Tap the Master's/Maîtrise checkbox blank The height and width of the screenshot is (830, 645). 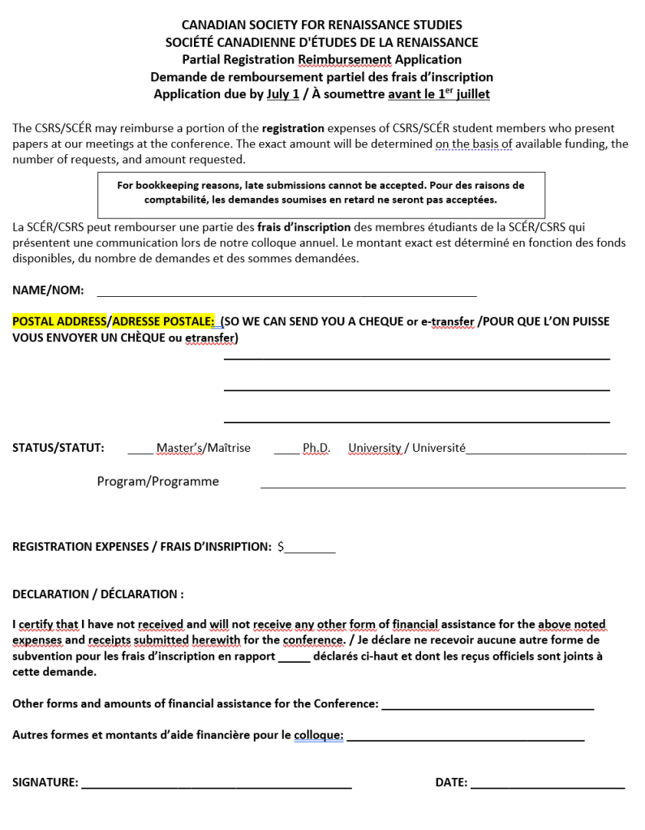tap(140, 451)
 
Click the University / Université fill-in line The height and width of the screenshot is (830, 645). tap(546, 451)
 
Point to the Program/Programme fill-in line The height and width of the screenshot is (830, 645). tap(442, 485)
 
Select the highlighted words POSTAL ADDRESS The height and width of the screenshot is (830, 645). tap(59, 321)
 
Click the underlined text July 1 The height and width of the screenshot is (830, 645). tap(283, 94)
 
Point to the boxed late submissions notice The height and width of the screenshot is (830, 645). tap(320, 192)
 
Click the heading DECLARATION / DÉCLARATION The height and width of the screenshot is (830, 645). tap(98, 594)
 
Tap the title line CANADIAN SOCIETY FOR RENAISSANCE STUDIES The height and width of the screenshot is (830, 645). tap(322, 25)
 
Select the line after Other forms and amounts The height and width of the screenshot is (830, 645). tap(487, 707)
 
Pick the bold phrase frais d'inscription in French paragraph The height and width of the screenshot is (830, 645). tap(304, 227)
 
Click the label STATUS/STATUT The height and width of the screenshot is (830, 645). tap(58, 448)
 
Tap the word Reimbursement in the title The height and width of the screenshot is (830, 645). tap(345, 59)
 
